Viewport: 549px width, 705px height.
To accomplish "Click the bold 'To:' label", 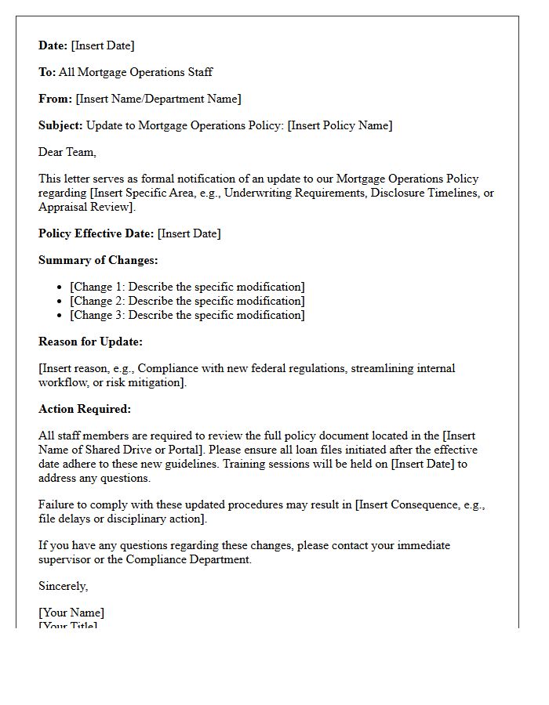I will pos(47,72).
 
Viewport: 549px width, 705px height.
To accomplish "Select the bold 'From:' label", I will pos(55,99).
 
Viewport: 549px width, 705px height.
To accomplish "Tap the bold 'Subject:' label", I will pos(60,125).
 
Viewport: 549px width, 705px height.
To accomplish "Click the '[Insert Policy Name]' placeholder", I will pos(340,125).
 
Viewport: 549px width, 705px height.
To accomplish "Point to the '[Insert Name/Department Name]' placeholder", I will pos(158,99).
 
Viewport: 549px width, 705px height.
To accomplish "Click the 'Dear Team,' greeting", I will pos(67,152).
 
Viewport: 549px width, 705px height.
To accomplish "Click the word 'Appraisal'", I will pos(65,207).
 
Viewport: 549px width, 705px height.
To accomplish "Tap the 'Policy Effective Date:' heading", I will pos(96,233).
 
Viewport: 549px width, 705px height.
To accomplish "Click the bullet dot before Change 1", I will pos(60,287).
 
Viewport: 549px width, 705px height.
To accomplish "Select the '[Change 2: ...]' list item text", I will pos(187,301).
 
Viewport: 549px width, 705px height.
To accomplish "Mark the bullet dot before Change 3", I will pos(60,316).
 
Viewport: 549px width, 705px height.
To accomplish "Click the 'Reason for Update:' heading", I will pos(90,342).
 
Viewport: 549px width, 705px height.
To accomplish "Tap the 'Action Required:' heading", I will pos(85,409).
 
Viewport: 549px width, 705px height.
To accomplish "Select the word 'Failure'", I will pos(57,504).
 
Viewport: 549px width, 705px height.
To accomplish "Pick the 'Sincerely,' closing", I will pos(64,586).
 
